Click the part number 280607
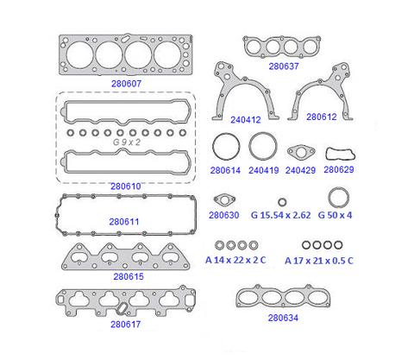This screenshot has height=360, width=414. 126,84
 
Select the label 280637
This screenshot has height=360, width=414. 284,66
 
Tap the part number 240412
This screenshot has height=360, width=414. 246,120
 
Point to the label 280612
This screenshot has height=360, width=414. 322,117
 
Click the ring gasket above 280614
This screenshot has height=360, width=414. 213,147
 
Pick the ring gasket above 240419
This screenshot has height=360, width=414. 249,146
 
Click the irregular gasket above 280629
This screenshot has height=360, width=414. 327,154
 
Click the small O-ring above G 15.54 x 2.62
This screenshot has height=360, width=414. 279,202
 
